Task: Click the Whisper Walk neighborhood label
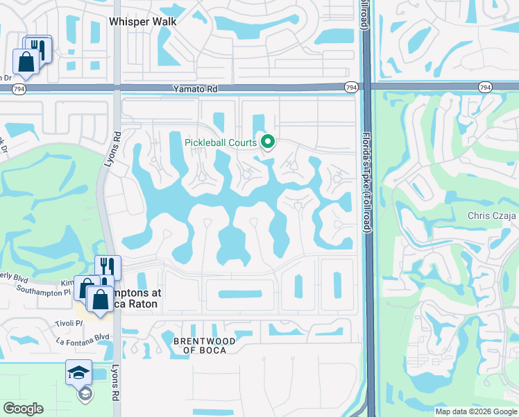143,22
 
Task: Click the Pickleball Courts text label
221,143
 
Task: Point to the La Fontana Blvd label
83,341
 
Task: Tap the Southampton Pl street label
44,291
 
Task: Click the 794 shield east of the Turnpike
485,88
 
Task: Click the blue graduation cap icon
78,373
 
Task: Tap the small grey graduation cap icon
85,394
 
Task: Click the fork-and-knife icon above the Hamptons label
108,266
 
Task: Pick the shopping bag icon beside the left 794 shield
26,61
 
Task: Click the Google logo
22,409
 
